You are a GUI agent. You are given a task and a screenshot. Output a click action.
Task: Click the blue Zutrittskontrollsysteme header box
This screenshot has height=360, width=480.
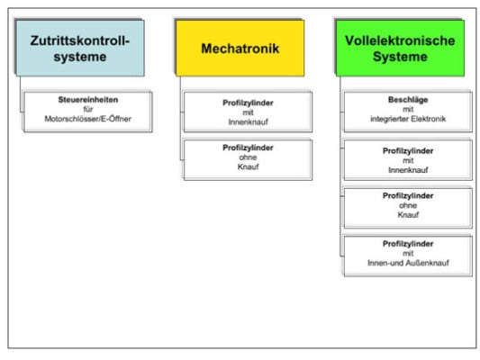(x=78, y=48)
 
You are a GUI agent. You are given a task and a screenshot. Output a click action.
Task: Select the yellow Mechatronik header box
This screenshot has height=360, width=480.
(x=239, y=48)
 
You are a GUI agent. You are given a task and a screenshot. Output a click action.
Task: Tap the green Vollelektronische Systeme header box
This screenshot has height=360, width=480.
(x=399, y=48)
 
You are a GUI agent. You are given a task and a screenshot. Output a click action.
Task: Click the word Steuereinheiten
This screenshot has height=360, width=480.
(x=86, y=101)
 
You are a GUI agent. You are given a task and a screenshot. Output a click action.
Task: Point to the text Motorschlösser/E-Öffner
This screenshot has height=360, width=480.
(x=86, y=119)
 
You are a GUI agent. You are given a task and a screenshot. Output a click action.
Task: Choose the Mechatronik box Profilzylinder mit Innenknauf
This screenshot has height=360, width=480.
(x=247, y=112)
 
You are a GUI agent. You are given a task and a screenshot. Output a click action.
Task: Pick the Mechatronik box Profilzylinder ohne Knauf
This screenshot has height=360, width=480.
(x=247, y=158)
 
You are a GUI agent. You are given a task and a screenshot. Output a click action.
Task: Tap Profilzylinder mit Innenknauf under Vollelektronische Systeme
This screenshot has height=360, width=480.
(x=407, y=159)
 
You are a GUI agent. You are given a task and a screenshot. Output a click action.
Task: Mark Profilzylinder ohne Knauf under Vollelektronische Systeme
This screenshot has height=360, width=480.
(x=407, y=207)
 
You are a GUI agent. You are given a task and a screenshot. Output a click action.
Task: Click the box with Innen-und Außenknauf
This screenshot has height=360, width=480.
(x=407, y=254)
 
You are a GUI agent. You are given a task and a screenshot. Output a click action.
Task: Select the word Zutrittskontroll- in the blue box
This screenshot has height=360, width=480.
(x=79, y=40)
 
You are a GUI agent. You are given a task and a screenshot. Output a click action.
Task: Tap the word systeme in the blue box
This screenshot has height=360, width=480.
(x=79, y=57)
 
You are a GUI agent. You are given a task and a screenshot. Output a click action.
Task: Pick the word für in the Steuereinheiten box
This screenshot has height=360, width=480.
(x=86, y=110)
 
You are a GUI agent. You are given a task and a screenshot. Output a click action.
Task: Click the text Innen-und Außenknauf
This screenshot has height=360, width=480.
(x=407, y=263)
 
